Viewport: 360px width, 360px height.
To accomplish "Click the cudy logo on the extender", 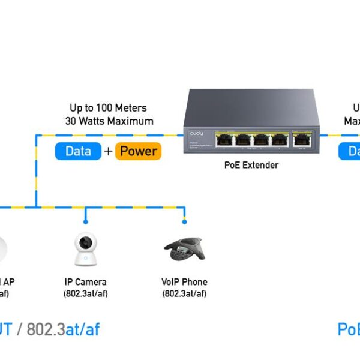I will (197, 133).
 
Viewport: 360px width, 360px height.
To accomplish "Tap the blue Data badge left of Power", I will (78, 151).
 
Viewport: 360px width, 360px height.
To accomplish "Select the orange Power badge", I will (138, 151).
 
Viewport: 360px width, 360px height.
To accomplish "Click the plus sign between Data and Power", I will (108, 151).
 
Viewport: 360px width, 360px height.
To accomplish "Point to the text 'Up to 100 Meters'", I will (108, 108).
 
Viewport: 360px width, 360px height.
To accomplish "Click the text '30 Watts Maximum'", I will (109, 121).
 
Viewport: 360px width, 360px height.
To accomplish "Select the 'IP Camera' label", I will (86, 282).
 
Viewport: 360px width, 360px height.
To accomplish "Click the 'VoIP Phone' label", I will (184, 282).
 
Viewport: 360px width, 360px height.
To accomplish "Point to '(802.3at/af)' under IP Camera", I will (86, 293).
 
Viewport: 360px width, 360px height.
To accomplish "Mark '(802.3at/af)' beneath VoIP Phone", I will (184, 293).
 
